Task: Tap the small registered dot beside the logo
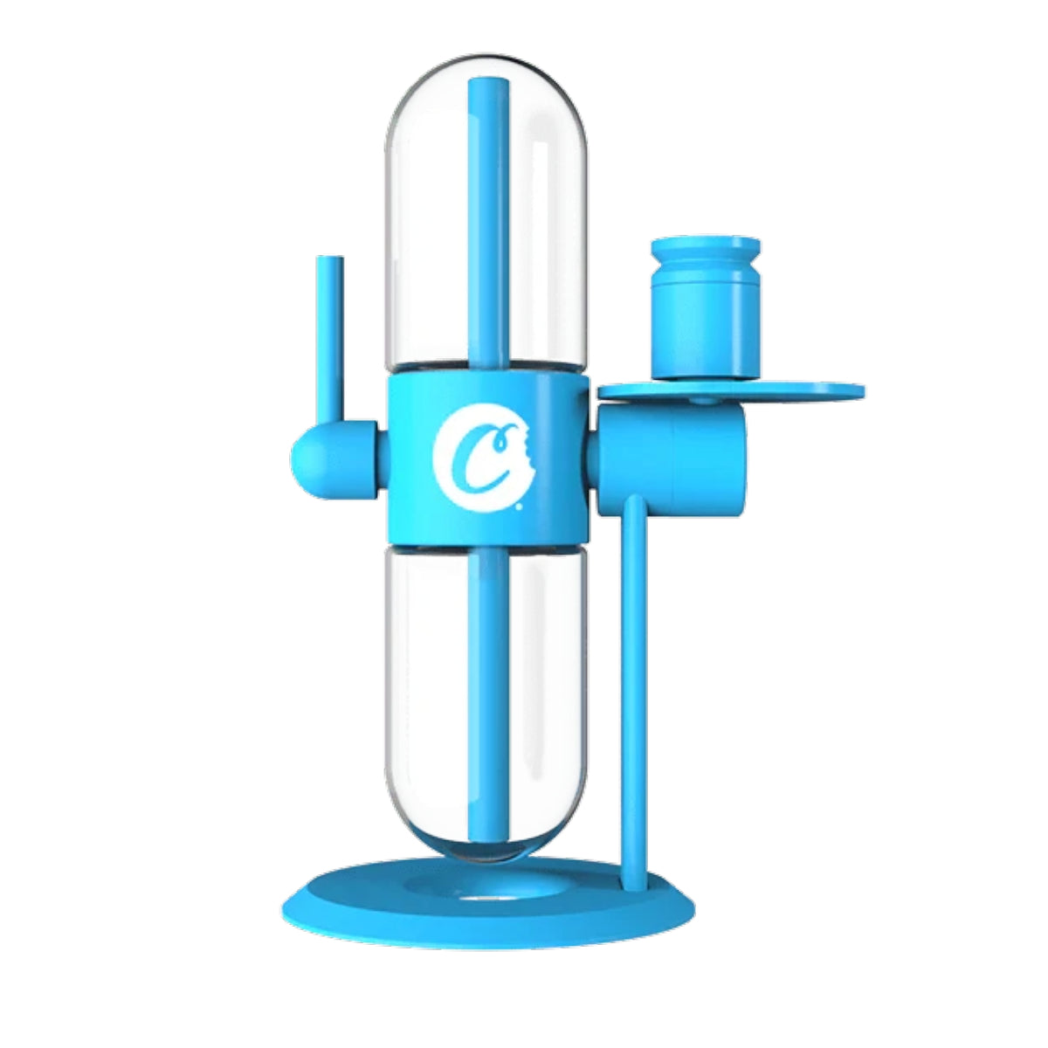[x=521, y=505]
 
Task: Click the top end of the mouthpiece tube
[x=329, y=262]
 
